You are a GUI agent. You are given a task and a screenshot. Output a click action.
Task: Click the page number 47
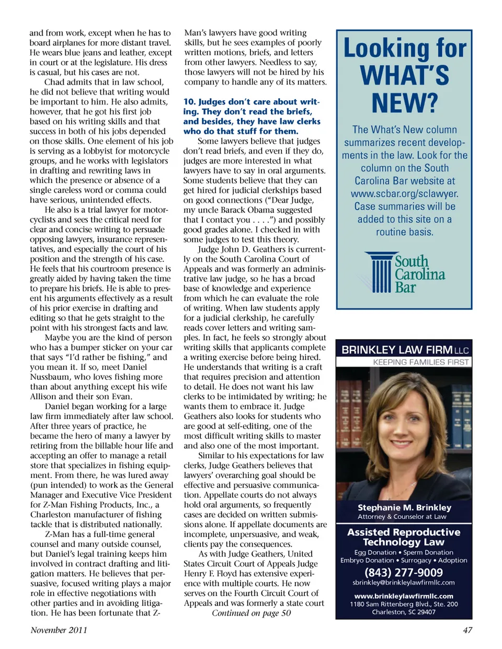467,630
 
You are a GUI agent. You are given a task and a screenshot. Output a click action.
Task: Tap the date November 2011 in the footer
59,630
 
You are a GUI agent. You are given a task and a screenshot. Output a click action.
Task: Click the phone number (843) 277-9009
403,572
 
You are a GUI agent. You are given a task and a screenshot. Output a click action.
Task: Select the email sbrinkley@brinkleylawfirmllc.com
403,582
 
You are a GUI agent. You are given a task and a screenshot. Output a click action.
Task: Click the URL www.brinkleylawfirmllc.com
403,596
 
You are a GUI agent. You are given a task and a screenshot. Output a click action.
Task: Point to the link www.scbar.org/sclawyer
404,193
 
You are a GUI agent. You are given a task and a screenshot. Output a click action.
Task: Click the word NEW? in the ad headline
404,103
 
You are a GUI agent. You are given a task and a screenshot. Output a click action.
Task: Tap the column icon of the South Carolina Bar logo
381,272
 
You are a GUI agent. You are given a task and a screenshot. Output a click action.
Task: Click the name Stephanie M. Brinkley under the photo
404,507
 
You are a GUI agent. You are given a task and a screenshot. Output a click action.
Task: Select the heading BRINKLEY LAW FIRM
397,350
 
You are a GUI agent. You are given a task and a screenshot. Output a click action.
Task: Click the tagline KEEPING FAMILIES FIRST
420,362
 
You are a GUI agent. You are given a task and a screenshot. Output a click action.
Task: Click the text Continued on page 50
251,613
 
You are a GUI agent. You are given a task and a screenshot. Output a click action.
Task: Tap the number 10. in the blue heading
189,102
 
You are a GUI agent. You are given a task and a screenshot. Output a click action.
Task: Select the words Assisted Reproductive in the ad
404,532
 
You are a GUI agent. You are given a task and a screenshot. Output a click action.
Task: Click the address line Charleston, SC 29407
403,612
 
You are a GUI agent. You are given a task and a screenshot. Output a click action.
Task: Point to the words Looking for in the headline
404,49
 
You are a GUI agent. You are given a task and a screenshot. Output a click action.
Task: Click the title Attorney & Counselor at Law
402,517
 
